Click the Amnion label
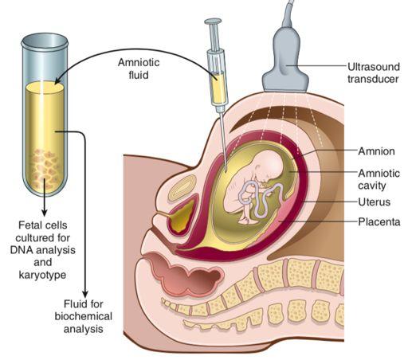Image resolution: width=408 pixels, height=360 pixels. (376, 151)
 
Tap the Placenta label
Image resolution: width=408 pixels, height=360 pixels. (379, 221)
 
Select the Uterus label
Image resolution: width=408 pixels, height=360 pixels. (375, 202)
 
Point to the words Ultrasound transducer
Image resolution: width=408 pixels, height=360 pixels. (374, 72)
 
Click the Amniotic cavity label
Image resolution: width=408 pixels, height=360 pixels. (379, 179)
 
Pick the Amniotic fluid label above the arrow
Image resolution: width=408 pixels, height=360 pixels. (139, 68)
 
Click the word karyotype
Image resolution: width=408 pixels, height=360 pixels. (43, 275)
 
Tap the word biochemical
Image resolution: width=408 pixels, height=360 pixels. (84, 316)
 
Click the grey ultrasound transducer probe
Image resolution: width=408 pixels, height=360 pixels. (285, 57)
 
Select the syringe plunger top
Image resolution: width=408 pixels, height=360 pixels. (213, 22)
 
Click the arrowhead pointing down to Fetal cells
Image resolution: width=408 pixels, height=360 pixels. (45, 213)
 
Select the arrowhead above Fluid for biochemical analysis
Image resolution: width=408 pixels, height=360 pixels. (85, 294)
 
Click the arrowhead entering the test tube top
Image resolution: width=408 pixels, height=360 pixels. (58, 80)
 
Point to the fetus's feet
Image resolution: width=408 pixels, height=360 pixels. (246, 220)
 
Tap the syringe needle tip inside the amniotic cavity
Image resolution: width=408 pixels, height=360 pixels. (226, 171)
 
